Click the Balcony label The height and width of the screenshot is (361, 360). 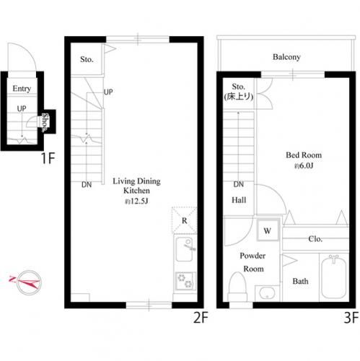pyautogui.click(x=286, y=57)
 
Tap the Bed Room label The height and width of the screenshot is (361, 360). pyautogui.click(x=304, y=155)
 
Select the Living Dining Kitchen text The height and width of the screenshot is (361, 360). pyautogui.click(x=136, y=186)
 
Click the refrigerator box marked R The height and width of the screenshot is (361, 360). pyautogui.click(x=185, y=220)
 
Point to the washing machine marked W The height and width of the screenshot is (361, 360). pyautogui.click(x=268, y=230)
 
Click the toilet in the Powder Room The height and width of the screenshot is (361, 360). pyautogui.click(x=237, y=287)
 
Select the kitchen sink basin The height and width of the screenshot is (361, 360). pyautogui.click(x=184, y=249)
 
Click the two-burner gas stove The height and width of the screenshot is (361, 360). pyautogui.click(x=185, y=281)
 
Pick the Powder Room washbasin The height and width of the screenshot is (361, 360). pyautogui.click(x=267, y=293)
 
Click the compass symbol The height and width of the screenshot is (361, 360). pyautogui.click(x=29, y=282)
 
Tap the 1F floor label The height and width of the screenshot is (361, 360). pyautogui.click(x=48, y=158)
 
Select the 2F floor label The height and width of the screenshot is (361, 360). pyautogui.click(x=201, y=318)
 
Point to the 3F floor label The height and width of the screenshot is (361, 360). pyautogui.click(x=351, y=318)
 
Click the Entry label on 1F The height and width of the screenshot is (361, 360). pyautogui.click(x=22, y=89)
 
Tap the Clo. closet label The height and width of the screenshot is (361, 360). pyautogui.click(x=315, y=239)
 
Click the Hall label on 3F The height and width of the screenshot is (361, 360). pyautogui.click(x=239, y=200)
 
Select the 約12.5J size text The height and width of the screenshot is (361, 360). pyautogui.click(x=136, y=201)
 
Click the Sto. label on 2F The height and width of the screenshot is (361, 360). pyautogui.click(x=87, y=59)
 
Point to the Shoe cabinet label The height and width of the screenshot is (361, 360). pyautogui.click(x=45, y=123)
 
